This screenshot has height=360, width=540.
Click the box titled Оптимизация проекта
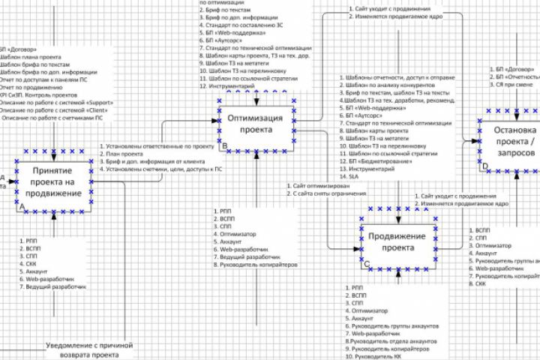coord(256,123)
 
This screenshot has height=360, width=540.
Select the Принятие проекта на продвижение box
coord(57,182)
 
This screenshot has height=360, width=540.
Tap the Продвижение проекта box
coord(397,242)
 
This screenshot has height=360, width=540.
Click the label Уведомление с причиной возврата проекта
coord(89,349)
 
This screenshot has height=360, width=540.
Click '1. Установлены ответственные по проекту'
coord(155,146)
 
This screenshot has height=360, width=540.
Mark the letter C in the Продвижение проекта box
coord(366,264)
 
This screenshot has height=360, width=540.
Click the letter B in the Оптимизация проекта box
coord(225,144)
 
